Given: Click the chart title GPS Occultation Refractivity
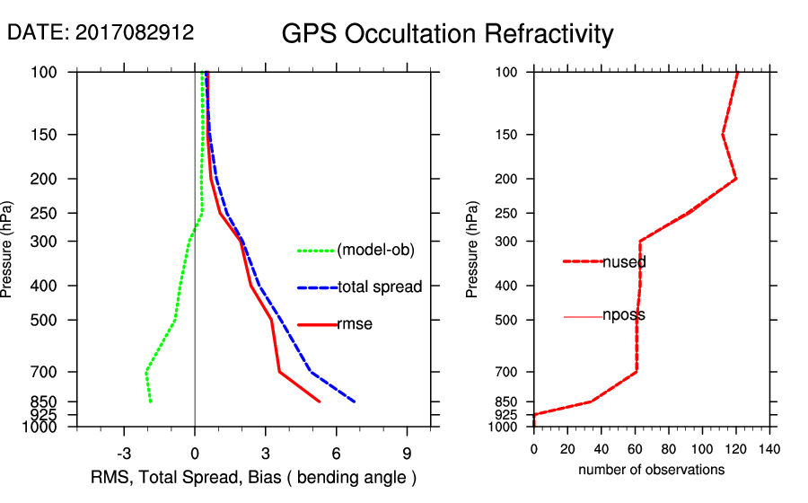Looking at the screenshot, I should point(447,34).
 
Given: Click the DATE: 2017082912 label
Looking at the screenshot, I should point(101,32).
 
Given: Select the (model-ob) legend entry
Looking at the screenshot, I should point(375,251).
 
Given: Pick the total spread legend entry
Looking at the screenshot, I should point(380,287).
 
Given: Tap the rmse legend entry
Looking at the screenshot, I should point(354,324).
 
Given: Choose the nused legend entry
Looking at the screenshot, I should point(624,262).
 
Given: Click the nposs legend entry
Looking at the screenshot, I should point(623,315).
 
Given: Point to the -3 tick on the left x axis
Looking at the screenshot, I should point(125,454).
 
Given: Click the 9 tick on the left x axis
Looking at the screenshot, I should point(407,454).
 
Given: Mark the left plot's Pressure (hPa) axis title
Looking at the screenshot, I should point(9,250).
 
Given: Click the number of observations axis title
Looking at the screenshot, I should point(651,470).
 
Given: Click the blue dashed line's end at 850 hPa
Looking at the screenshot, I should point(355,402).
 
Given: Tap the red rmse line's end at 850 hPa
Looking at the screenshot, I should point(319,402).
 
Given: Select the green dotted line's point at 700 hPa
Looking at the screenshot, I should point(146,372).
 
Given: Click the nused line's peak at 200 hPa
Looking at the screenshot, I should point(736,179).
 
